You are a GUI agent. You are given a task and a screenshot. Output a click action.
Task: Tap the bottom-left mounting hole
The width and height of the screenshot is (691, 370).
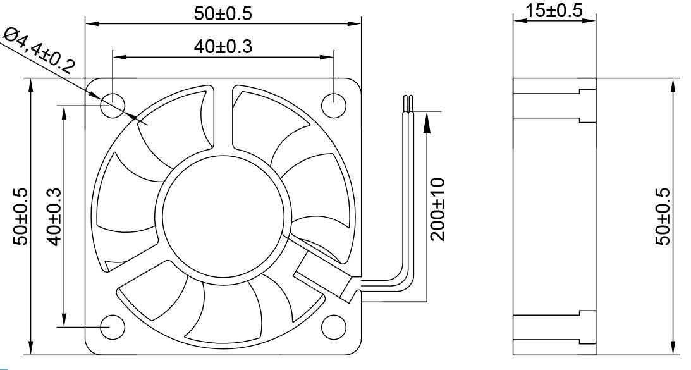click(113, 326)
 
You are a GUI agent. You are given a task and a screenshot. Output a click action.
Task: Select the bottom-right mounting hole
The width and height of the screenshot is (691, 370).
click(333, 326)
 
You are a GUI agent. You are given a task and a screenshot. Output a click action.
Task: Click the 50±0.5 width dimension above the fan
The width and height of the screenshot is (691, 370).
click(223, 14)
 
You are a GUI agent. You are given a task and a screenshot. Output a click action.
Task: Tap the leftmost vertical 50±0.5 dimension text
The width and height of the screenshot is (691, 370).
click(21, 216)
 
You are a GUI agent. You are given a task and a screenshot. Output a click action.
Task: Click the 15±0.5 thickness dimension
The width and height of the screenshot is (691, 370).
click(554, 11)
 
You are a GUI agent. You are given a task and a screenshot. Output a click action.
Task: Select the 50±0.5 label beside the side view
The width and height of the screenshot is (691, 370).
click(663, 216)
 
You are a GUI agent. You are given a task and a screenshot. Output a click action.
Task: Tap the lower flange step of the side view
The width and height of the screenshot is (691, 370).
click(587, 327)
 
